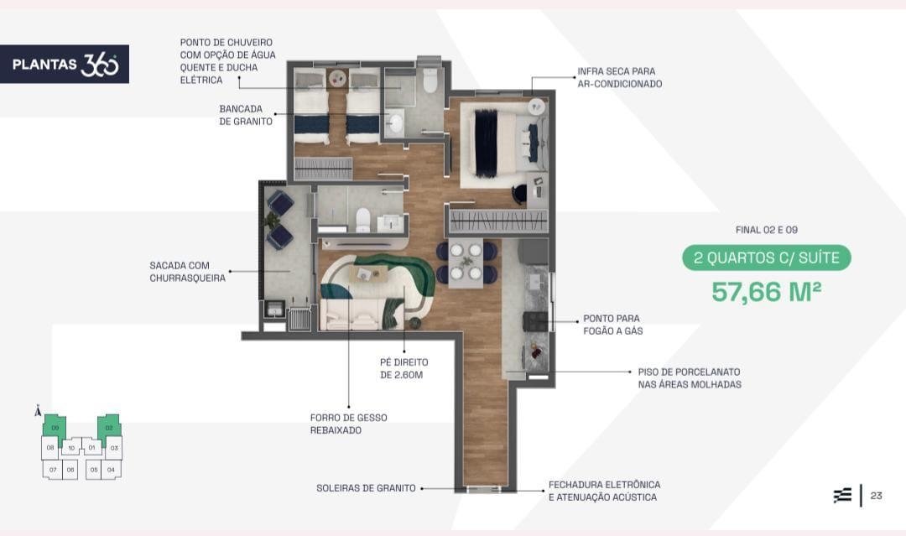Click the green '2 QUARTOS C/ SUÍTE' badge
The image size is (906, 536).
click(x=766, y=258)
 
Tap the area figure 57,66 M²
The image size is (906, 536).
click(x=766, y=291)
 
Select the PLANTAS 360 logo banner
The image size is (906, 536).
click(x=64, y=64)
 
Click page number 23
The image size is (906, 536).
click(x=876, y=496)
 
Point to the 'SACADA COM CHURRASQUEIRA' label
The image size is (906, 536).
click(x=187, y=272)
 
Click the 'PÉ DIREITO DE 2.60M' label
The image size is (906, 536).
click(x=404, y=368)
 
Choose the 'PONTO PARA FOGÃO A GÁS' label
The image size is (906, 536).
click(x=612, y=325)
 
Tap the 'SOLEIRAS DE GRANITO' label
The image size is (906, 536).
click(x=366, y=488)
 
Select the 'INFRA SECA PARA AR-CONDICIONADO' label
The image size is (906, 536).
click(x=619, y=77)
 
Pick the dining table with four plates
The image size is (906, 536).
click(x=466, y=263)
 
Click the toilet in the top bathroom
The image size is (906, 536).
click(x=430, y=81)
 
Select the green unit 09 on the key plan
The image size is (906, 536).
click(x=55, y=428)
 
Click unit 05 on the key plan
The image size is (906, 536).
click(x=94, y=470)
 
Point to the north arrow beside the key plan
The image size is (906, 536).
click(x=38, y=410)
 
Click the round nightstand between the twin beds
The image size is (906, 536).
click(x=337, y=78)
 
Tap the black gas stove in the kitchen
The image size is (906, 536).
click(x=535, y=321)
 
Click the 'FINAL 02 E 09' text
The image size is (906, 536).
click(x=766, y=230)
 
